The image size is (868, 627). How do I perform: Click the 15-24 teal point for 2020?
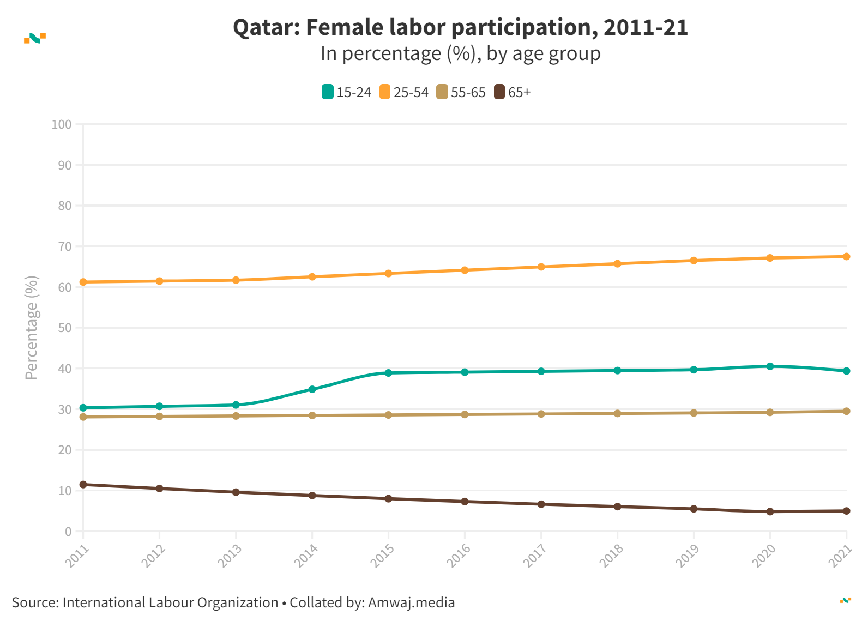pos(770,366)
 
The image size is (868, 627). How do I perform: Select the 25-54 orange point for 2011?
pos(83,282)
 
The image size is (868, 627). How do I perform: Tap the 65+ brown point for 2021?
pos(846,511)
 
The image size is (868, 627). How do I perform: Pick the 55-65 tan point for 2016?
pos(465,414)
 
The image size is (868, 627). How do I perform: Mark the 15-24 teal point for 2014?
pos(312,389)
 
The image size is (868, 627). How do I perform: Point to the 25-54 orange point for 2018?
pos(617,263)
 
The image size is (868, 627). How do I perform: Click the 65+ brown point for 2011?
pos(83,484)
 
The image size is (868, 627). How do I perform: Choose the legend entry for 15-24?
pos(347,92)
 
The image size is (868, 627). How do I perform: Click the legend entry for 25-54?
pos(404,92)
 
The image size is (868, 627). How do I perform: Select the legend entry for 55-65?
pos(461,92)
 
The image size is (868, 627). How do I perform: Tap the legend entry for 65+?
pos(513,92)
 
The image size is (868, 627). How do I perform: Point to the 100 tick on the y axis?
pos(62,124)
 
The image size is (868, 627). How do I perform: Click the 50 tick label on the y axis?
pos(65,328)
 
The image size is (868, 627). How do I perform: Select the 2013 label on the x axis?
pos(230,556)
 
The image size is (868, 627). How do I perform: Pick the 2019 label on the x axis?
pos(688,556)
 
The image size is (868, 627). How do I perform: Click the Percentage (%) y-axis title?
pos(32,327)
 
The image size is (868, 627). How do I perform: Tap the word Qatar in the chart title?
pos(266,27)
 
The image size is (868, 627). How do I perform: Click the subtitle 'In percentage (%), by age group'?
pos(460,53)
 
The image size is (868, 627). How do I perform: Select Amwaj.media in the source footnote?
pos(411,602)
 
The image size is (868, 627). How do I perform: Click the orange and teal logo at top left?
pos(35,38)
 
